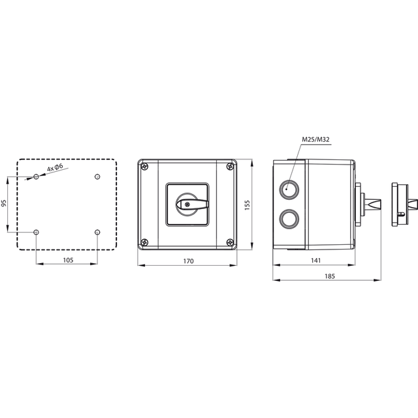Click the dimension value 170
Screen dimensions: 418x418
(188, 261)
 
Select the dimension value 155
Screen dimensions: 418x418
(247, 204)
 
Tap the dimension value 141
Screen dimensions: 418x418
(315, 260)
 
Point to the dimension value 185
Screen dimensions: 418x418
(329, 276)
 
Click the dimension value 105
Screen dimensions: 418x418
(68, 260)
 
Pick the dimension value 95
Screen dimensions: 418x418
(3, 203)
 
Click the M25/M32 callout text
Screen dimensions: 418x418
(315, 139)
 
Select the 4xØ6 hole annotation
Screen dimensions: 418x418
(55, 168)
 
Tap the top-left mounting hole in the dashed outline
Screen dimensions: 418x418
(37, 176)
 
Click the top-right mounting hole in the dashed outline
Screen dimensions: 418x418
(97, 176)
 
